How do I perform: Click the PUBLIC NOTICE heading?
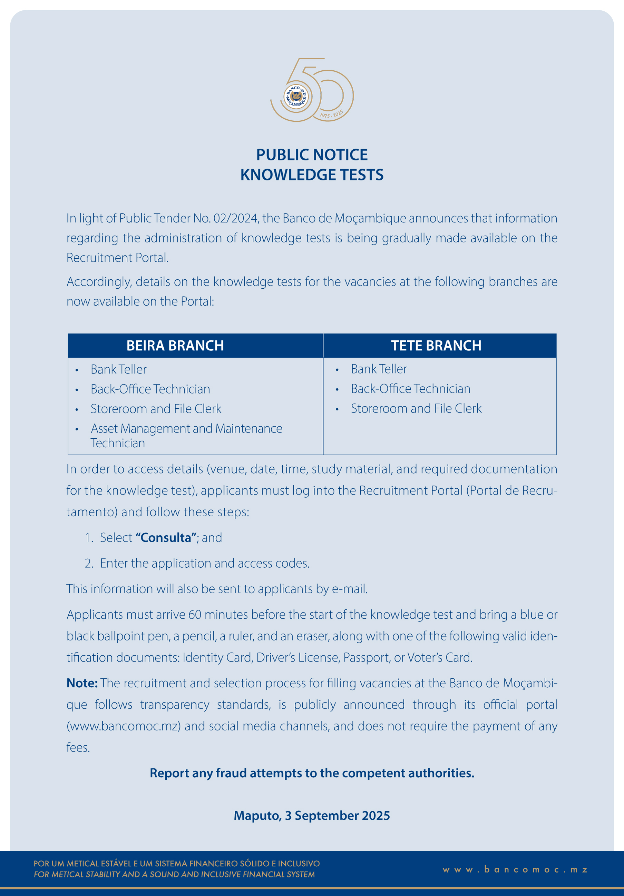[x=312, y=155]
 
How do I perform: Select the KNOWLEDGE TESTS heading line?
[x=312, y=175]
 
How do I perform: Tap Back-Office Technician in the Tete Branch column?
[x=410, y=389]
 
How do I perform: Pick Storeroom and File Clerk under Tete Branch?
[x=416, y=409]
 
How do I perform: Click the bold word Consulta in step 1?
[x=166, y=538]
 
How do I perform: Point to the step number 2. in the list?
[x=89, y=564]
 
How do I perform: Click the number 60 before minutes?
[x=195, y=615]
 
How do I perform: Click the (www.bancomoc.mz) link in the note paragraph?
[x=124, y=726]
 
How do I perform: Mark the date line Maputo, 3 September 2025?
[x=312, y=816]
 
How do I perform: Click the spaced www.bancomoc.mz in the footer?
[x=515, y=869]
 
